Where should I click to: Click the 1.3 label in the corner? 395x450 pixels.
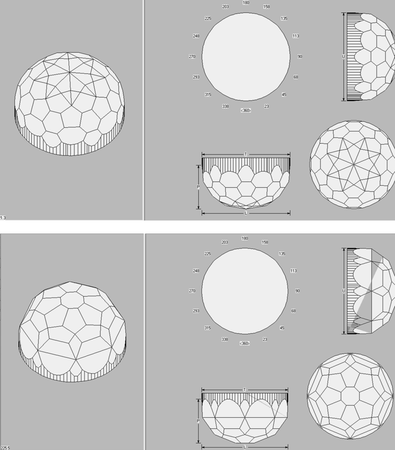pos(3,218)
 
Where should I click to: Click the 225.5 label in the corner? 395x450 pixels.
pos(5,448)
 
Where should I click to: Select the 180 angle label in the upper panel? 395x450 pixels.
pos(246,3)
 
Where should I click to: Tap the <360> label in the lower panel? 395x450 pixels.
pos(244,343)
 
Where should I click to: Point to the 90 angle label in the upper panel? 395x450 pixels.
pos(300,56)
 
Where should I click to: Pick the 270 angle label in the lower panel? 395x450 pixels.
pos(192,291)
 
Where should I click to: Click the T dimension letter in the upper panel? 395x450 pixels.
pos(246,154)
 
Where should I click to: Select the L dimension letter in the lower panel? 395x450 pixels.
pos(245,447)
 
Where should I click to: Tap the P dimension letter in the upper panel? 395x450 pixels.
pos(198,187)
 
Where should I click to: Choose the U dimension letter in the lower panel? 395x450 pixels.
pos(344,291)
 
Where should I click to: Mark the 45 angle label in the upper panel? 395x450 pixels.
pos(284,94)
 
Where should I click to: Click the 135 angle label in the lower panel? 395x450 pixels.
pos(282,253)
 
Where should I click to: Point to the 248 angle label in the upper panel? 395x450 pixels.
pos(196,36)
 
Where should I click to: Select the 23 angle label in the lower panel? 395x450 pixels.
pos(265,339)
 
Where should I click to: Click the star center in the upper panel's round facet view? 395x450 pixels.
pos(353,164)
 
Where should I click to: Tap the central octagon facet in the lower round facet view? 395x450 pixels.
pos(350,396)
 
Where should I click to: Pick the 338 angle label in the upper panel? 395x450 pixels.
pos(225,106)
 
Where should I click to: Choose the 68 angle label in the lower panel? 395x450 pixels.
pos(294,311)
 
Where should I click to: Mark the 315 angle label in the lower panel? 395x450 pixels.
pos(207,328)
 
